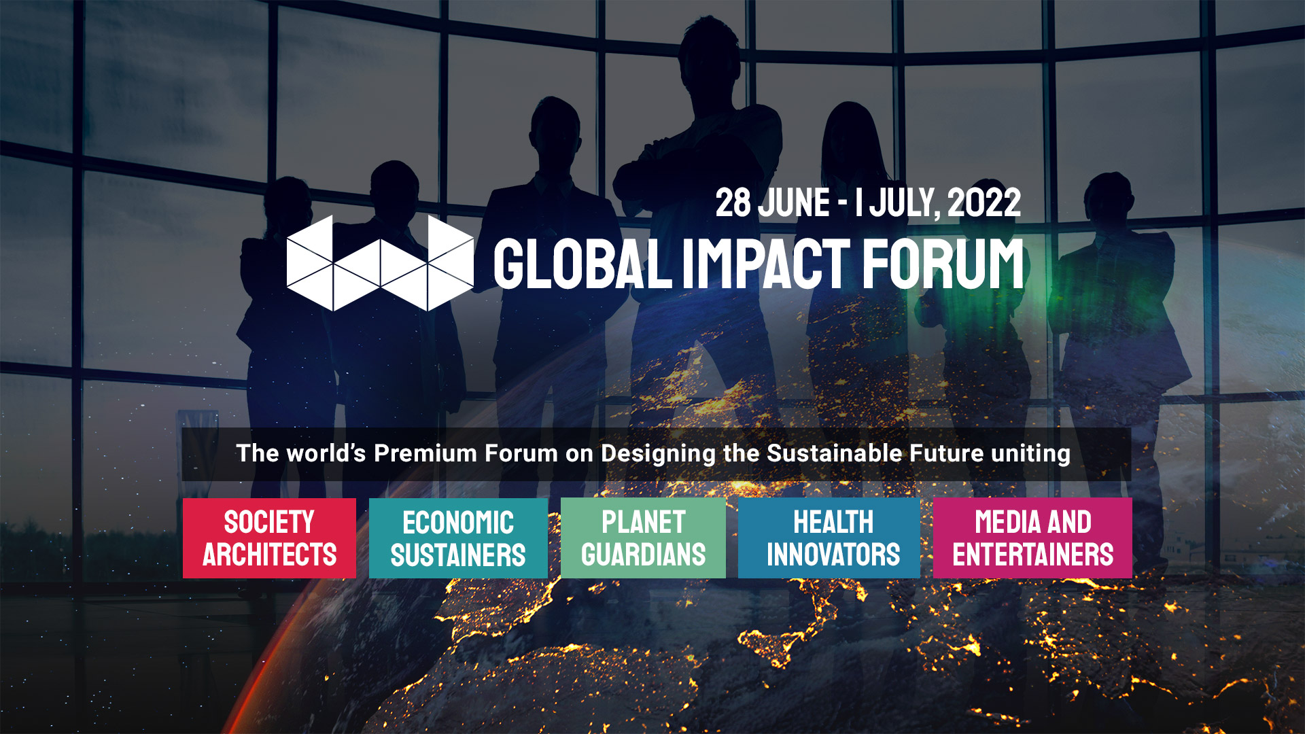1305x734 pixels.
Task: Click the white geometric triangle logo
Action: pos(379,263)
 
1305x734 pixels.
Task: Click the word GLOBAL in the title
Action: pos(582,264)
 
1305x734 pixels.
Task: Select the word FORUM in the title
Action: pos(943,264)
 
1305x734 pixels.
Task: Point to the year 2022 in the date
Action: pos(984,203)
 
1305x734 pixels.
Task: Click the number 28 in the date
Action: pos(733,203)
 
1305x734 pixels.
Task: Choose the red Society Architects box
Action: pos(269,538)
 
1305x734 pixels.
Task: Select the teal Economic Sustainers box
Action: pos(458,538)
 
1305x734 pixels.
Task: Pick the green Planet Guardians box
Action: pos(643,538)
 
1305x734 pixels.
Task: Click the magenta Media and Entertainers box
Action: pos(1032,538)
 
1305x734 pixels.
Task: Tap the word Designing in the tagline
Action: pos(658,453)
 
